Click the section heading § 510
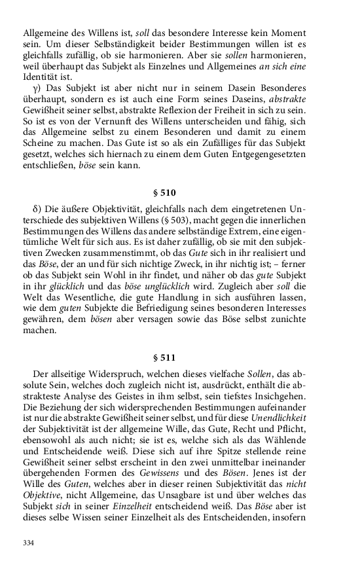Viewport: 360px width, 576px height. (180, 193)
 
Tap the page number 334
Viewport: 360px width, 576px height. (28, 543)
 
